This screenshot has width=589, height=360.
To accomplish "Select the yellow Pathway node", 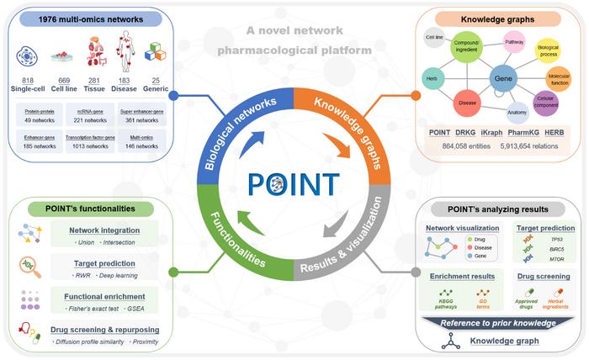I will pos(514,40).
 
